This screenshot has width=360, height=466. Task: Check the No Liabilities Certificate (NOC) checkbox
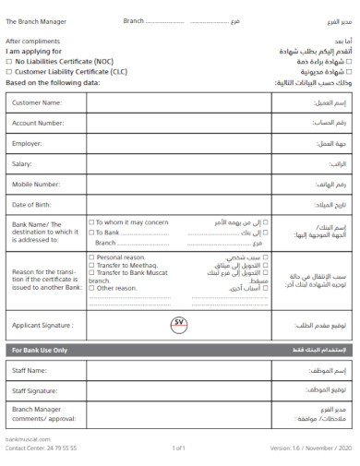coord(9,61)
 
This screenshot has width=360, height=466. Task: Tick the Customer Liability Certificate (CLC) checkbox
coord(9,70)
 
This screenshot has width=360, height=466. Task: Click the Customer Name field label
coord(37,102)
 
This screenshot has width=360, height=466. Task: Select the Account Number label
coord(38,123)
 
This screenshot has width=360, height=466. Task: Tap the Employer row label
coord(28,143)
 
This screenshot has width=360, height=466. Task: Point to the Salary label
coord(22,163)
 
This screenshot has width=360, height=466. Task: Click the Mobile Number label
coord(37,184)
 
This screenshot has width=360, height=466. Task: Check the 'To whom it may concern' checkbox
coord(91,222)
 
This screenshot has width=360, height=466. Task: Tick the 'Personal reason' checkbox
coord(91,257)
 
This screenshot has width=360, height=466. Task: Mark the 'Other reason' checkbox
coord(91,288)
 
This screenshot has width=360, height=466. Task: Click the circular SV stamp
coord(179,324)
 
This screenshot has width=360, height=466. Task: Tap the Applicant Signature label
coord(42,325)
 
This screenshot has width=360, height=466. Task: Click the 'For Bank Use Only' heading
coord(40,351)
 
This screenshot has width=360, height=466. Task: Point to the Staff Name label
coord(30,370)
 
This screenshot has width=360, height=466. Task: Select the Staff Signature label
coord(35,391)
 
